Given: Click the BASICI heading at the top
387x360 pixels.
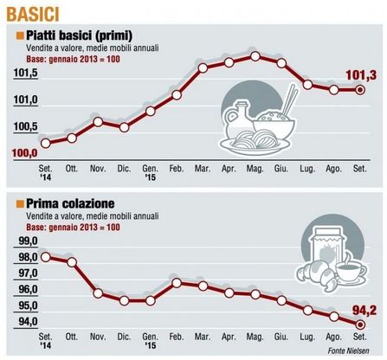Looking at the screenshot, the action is pos(33,14).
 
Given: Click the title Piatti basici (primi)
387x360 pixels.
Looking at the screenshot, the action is pos(79,35).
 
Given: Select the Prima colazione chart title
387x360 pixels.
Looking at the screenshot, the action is pos(70,203).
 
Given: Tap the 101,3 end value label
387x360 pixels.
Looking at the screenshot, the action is pos(361,75).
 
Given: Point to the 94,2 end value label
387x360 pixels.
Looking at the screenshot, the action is pos(364,311).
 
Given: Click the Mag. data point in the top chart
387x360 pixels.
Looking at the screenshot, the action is pos(255,56).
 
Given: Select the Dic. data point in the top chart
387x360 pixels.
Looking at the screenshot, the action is pos(124,127).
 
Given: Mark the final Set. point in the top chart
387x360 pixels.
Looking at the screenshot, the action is pos(360,90).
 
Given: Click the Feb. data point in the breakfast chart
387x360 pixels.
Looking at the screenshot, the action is pos(177,283).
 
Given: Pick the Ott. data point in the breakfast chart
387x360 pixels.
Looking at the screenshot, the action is pos(72,262).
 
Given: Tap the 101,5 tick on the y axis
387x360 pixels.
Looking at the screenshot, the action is pos(26,74).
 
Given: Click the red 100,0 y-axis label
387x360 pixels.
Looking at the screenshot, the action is pos(25,153).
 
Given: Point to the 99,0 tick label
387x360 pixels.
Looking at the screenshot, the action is pos(29,241).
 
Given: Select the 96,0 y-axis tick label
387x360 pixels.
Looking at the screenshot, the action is pos(29,289).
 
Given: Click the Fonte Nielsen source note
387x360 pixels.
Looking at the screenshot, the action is pos(348,350).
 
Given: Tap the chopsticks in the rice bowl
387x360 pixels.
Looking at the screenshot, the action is pos(290,100).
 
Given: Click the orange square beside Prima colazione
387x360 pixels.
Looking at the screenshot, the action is pos(20,204).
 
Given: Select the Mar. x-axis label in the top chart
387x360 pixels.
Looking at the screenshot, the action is pos(203,169).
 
